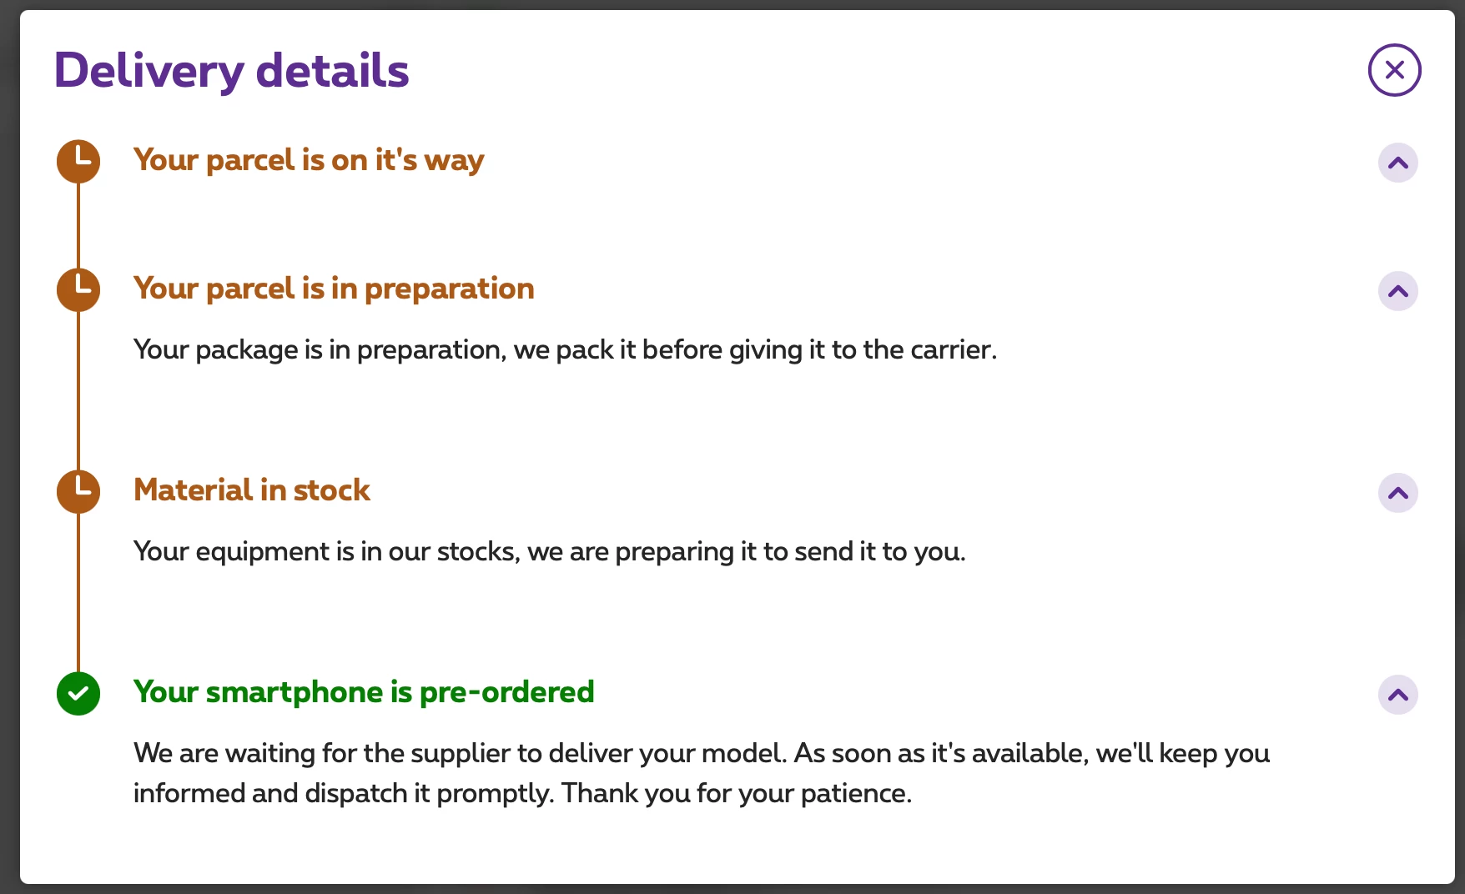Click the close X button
(1394, 70)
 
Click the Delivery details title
(231, 71)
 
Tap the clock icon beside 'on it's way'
(78, 161)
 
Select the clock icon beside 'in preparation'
(78, 289)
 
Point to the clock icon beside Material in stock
(78, 491)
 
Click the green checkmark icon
(78, 693)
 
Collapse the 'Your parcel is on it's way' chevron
(1398, 163)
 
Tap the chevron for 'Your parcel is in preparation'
(1398, 291)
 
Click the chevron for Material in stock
(1398, 493)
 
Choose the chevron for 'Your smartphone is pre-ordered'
(1398, 695)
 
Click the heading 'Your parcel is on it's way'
(309, 160)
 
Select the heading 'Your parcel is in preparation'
(334, 289)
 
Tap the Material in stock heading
(252, 490)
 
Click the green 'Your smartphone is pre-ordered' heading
(364, 692)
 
